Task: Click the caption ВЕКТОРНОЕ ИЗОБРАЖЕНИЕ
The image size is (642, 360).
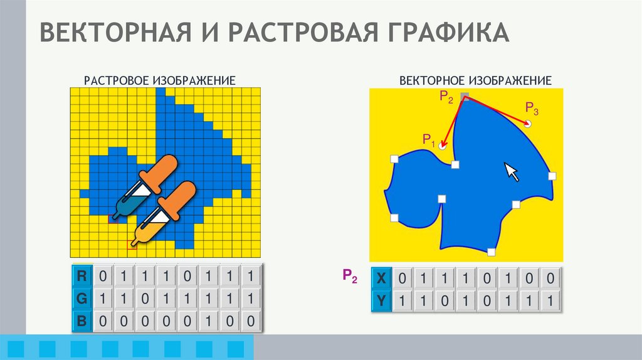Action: point(475,81)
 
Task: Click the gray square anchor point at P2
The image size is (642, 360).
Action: point(465,97)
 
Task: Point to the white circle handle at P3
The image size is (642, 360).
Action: point(528,124)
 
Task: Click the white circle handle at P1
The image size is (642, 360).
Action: point(443,146)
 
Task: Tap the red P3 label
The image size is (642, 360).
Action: point(532,108)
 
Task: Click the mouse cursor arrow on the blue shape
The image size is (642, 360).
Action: point(512,171)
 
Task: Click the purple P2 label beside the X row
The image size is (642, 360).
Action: point(350,276)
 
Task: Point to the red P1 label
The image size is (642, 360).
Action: point(429,139)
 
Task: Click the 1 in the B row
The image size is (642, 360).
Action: point(218,321)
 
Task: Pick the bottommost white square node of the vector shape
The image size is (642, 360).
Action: point(491,252)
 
